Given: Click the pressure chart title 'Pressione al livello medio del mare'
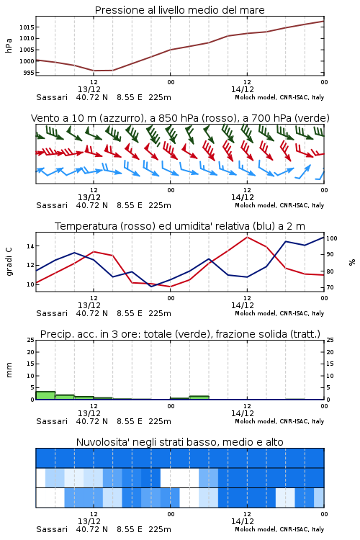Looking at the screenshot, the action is pyautogui.click(x=179, y=10).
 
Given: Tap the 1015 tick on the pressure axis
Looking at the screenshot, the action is pyautogui.click(x=27, y=27).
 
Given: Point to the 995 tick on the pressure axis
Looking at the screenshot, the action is pyautogui.click(x=29, y=73).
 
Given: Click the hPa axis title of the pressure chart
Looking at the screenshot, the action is pyautogui.click(x=9, y=45).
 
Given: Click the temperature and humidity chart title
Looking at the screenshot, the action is pyautogui.click(x=180, y=226).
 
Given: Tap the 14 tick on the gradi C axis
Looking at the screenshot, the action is pyautogui.click(x=30, y=246).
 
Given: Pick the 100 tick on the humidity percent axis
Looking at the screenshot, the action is pyautogui.click(x=332, y=238).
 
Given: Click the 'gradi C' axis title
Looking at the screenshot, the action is pyautogui.click(x=9, y=262).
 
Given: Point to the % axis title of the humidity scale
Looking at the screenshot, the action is pyautogui.click(x=352, y=262).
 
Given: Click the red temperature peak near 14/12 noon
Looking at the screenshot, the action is pyautogui.click(x=247, y=237).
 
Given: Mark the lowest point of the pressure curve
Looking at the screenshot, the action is pyautogui.click(x=94, y=71).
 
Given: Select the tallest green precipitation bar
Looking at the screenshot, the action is pyautogui.click(x=45, y=395).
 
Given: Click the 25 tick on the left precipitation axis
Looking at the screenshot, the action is pyautogui.click(x=30, y=340).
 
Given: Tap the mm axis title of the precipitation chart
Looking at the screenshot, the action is pyautogui.click(x=9, y=370).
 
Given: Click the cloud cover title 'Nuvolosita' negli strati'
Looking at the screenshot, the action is pyautogui.click(x=179, y=442).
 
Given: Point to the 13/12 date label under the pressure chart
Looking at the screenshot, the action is pyautogui.click(x=89, y=89).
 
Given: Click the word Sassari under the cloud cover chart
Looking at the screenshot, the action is pyautogui.click(x=52, y=529).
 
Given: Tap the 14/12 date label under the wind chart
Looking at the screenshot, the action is pyautogui.click(x=243, y=198).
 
